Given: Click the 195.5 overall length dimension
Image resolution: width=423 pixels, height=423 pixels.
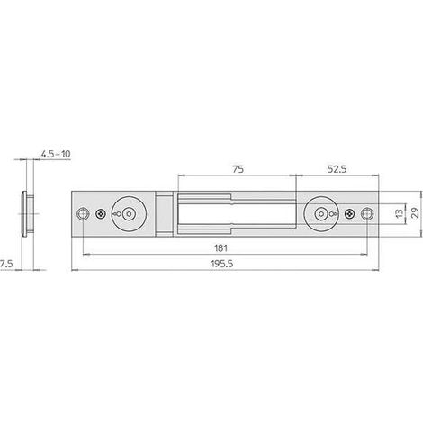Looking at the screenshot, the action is [222, 264].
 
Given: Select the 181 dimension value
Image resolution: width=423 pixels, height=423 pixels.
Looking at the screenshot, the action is [220, 248].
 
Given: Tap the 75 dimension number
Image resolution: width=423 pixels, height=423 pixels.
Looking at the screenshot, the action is [238, 169].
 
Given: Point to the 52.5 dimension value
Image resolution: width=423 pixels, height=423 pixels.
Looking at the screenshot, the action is [337, 169].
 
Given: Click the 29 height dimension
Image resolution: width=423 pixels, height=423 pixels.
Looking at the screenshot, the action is [416, 213].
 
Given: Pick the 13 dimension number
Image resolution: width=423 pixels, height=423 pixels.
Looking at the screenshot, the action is [400, 213].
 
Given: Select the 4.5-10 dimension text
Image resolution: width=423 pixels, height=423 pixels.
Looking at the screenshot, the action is [56, 154].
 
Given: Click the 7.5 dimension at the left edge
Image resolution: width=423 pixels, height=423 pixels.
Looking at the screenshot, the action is [6, 264].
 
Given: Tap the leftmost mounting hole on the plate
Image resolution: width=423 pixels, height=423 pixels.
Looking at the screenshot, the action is [83, 214].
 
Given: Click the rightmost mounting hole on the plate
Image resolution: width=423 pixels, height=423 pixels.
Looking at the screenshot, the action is [367, 214].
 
